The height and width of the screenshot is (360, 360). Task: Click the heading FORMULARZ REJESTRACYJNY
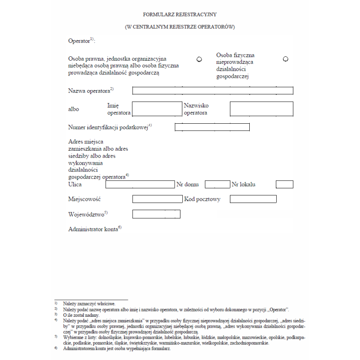click(x=180, y=15)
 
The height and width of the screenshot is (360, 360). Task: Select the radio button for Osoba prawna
click(x=199, y=59)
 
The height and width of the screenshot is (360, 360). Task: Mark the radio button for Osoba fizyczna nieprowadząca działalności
click(x=285, y=59)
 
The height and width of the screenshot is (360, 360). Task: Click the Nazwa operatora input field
click(x=212, y=90)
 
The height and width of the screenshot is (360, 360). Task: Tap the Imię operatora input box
click(x=157, y=109)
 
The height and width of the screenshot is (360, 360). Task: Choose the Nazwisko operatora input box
click(x=261, y=109)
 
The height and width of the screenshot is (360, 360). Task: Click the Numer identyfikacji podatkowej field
click(x=212, y=127)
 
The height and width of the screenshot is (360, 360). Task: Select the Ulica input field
click(x=139, y=184)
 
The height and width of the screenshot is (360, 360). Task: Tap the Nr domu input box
click(x=217, y=184)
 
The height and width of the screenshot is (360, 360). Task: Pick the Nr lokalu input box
click(x=284, y=184)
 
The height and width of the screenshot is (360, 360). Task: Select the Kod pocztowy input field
click(x=253, y=199)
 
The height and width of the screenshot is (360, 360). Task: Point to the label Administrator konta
click(x=94, y=229)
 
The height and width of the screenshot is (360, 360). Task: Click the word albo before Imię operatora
click(x=73, y=109)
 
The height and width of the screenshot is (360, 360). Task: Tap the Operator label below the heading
click(x=80, y=41)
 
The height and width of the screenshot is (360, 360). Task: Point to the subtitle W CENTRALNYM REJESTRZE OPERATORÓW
click(x=180, y=27)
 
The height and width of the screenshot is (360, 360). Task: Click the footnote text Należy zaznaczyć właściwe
click(x=90, y=304)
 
